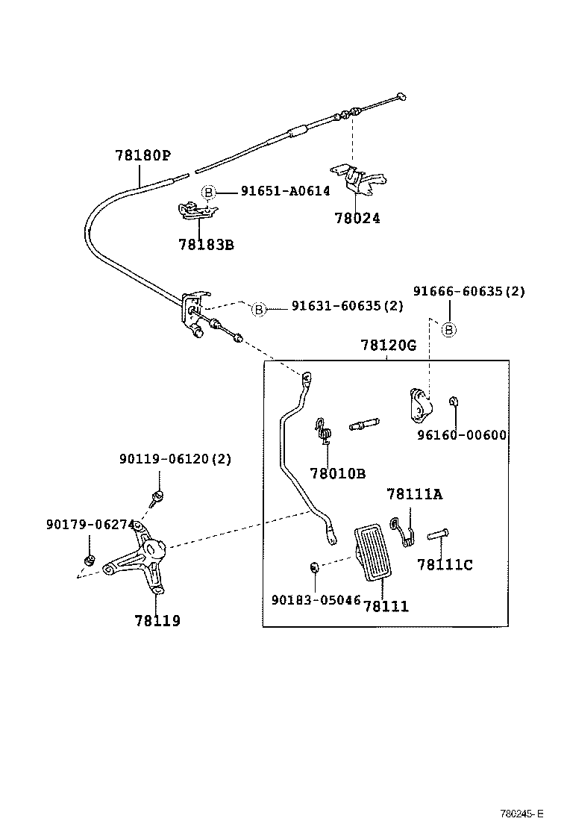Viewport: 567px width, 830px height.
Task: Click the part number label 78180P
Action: click(x=142, y=156)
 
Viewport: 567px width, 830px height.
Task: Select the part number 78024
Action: click(x=357, y=219)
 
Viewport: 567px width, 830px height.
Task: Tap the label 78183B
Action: click(x=206, y=243)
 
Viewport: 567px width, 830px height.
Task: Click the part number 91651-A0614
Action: click(x=285, y=192)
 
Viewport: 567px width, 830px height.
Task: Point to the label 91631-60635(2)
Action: click(x=347, y=306)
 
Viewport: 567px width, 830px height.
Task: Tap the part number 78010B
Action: click(x=337, y=473)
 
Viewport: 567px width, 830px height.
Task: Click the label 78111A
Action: click(x=414, y=494)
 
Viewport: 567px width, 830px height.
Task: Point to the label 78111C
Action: click(x=445, y=565)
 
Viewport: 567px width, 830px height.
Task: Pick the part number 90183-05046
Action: click(x=316, y=600)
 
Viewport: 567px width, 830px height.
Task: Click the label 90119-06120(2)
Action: click(x=175, y=459)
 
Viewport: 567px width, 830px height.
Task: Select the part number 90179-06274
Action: click(x=90, y=525)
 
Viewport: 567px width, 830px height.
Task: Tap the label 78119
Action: click(x=157, y=620)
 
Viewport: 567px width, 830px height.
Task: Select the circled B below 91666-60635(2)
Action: click(x=449, y=329)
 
